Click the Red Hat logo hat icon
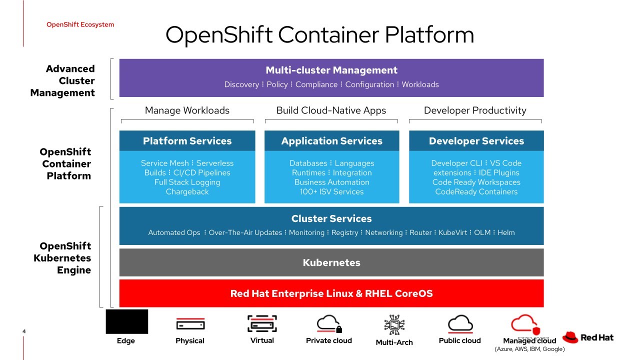570,337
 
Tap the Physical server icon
190,324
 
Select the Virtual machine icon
262,324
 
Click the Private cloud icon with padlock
329,324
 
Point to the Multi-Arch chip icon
394,325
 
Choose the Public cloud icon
459,324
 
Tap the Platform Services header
187,141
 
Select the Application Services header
331,141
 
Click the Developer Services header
476,141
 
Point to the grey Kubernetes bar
331,262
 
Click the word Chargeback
187,192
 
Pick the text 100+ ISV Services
331,192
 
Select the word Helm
506,232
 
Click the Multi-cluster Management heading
331,70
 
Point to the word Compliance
316,84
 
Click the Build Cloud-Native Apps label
331,110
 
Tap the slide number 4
24,331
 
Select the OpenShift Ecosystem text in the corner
80,24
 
